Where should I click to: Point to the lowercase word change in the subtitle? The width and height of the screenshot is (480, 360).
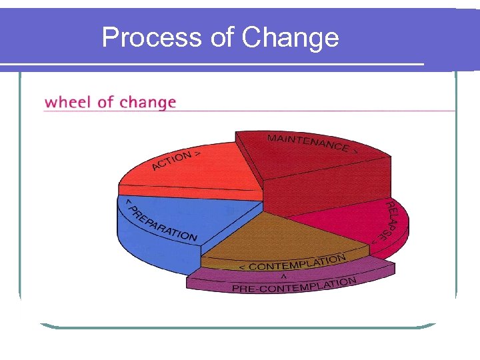148,103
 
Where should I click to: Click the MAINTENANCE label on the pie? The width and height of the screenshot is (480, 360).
307,142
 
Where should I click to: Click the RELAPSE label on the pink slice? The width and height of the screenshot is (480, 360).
388,220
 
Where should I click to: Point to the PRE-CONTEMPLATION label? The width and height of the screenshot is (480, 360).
293,285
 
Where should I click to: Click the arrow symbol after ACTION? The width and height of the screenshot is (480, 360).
199,153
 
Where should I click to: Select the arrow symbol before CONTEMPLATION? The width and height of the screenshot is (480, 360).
242,267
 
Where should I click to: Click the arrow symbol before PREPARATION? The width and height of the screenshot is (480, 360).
129,202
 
